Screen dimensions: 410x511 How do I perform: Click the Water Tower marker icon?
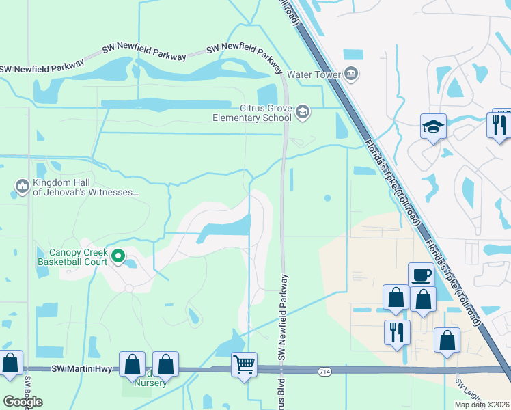click(351, 74)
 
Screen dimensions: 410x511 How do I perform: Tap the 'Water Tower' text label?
click(313, 74)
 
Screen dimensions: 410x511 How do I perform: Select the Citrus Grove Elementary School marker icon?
click(303, 111)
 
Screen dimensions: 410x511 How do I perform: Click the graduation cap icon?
click(433, 126)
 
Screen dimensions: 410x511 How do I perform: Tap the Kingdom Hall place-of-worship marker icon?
click(22, 185)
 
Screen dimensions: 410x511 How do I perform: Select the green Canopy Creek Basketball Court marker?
click(118, 256)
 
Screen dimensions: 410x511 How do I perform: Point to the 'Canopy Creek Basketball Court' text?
click(72, 256)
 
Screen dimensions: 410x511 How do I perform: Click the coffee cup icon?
click(422, 275)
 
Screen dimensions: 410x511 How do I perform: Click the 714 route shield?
click(325, 370)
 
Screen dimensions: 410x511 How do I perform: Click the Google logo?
click(23, 402)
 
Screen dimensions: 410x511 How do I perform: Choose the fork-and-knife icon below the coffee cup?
click(397, 333)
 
